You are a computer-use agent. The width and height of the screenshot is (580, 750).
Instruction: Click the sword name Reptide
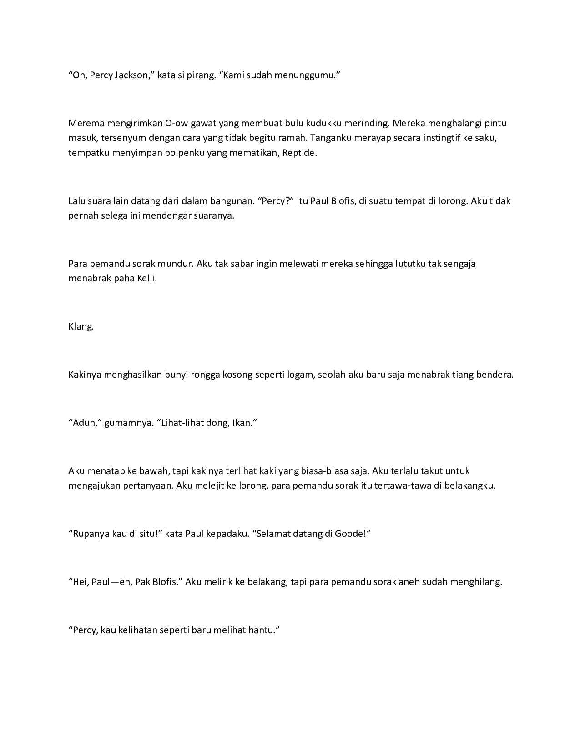[299, 153]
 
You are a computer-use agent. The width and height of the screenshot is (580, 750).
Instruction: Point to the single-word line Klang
[81, 326]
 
